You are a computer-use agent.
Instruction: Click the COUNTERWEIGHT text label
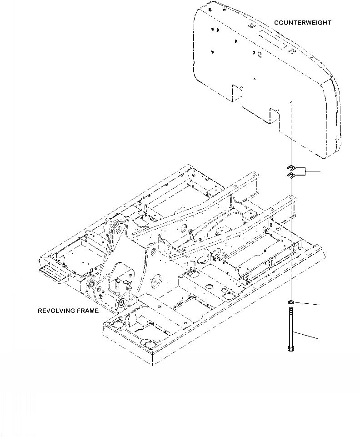click(302, 22)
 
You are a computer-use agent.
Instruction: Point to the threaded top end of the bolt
click(290, 310)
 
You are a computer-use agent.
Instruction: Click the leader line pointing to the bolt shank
click(307, 337)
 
